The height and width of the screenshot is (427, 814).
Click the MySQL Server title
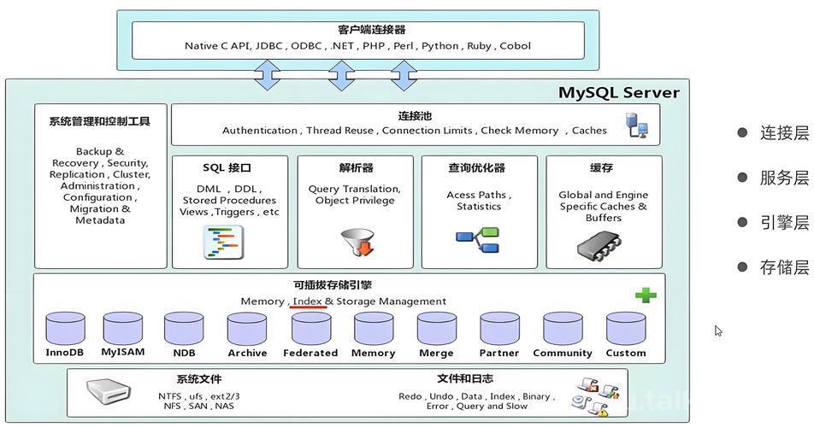tap(618, 93)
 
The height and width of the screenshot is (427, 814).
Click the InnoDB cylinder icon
tap(65, 328)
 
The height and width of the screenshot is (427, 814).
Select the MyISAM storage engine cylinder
tap(122, 328)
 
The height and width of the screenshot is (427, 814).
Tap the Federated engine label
tap(310, 353)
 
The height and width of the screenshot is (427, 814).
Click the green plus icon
tap(646, 295)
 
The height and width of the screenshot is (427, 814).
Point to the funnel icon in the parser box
tap(358, 242)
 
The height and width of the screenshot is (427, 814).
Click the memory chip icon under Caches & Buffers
tap(599, 245)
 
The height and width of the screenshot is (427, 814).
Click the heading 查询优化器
tap(476, 168)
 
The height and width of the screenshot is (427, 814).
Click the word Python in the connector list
tap(440, 46)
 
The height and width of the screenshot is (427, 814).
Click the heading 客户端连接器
tap(372, 30)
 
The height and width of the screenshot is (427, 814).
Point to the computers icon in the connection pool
tap(636, 126)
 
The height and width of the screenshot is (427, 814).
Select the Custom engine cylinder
tap(626, 328)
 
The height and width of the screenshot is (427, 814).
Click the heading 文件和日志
tap(465, 379)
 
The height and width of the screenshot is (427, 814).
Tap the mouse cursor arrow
tap(718, 330)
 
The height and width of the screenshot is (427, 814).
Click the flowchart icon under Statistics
tap(478, 239)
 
